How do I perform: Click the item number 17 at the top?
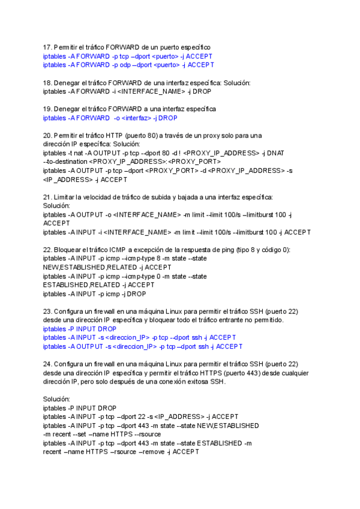point(47,47)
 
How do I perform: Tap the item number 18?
point(47,83)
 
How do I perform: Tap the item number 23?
point(47,312)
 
